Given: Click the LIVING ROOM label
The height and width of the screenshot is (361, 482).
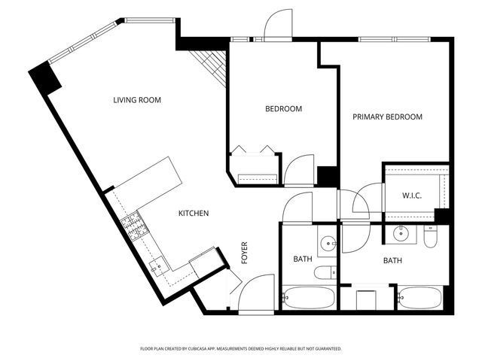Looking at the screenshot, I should point(137,100).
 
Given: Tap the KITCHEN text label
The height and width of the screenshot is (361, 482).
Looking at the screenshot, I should point(193,214).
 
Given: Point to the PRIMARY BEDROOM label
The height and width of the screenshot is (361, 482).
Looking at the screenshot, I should point(388,117).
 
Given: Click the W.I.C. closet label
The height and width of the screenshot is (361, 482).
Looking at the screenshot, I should point(411,196).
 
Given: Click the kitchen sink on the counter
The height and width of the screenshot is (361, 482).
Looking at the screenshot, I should point(159,266).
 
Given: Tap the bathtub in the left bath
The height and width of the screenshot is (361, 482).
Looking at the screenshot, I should point(309,298).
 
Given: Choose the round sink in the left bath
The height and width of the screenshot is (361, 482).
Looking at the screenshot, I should point(328,242).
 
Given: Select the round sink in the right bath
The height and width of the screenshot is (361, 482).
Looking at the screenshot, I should point(402,234).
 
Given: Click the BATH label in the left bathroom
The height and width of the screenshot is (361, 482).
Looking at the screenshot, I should point(303,259).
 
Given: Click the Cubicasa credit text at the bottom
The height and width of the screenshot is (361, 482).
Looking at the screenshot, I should point(241,349).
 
